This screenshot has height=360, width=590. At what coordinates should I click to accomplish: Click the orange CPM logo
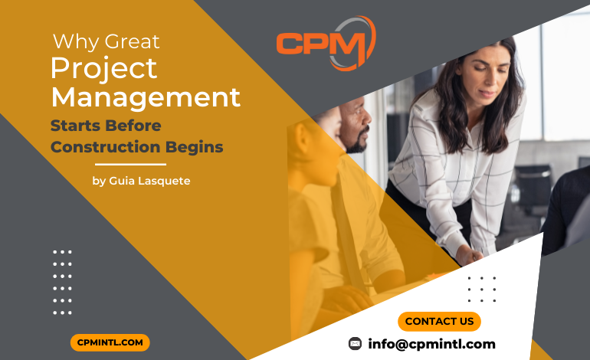[x=326, y=43]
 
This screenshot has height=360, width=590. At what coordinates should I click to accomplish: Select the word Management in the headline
[x=146, y=98]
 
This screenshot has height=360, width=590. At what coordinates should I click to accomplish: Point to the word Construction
[x=106, y=147]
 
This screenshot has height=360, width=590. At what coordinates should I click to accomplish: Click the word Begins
[x=194, y=148]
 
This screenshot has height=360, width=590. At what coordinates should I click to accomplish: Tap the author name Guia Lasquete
[x=149, y=181]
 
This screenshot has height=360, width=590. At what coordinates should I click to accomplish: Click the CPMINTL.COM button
[x=110, y=342]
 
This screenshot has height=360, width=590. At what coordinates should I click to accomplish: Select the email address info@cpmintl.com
[x=431, y=344]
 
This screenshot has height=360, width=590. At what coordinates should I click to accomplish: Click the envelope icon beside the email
[x=355, y=343]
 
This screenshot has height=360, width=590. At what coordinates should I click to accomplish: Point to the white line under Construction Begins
[x=130, y=165]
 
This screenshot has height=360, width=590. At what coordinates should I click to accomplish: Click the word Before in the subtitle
[x=133, y=126]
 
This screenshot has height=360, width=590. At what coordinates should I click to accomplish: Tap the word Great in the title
[x=132, y=42]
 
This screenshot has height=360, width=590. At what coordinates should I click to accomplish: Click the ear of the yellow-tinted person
[x=302, y=139]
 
